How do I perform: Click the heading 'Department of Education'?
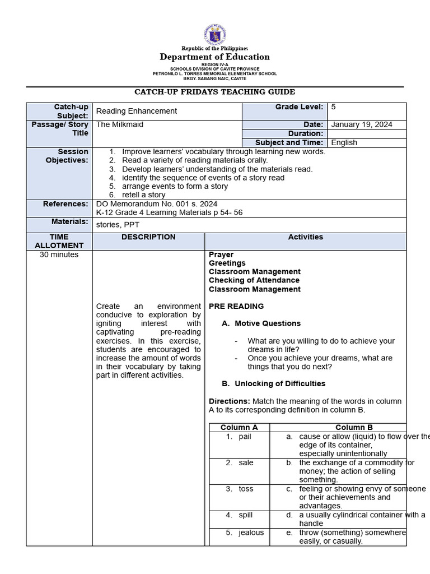point(215,57)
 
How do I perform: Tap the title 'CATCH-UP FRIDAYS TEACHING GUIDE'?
point(215,92)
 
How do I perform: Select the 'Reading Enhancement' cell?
point(137,111)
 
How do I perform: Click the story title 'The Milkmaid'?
point(120,124)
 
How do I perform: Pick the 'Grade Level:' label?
point(299,107)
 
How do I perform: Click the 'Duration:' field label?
point(306,133)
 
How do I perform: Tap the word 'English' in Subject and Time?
point(344,142)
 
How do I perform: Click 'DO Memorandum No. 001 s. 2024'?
point(157,204)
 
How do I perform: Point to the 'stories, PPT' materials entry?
point(118,224)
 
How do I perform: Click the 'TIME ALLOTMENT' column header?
point(59,241)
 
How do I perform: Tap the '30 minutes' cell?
point(59,254)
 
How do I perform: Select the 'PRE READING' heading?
point(236,307)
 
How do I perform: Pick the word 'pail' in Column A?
point(245,436)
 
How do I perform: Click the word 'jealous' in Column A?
point(251,533)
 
